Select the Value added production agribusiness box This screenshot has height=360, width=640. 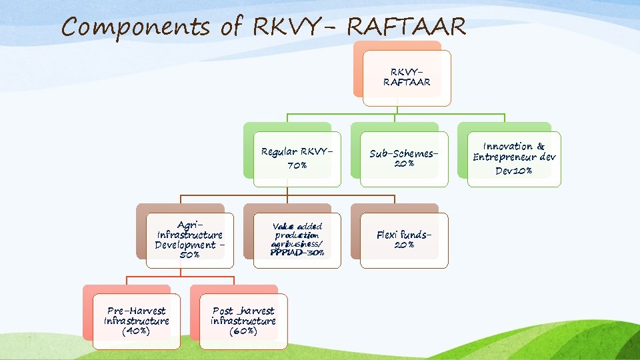coord(297,240)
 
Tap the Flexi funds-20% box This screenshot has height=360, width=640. coord(405,240)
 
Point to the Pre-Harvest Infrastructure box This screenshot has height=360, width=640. coord(136,321)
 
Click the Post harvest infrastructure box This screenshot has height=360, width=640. coord(243,321)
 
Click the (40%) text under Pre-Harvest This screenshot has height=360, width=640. coord(136,331)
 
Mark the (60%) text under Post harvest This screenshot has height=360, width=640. coord(243,331)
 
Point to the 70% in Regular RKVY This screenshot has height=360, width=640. coord(297,165)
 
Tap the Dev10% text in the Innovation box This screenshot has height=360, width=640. coord(513,171)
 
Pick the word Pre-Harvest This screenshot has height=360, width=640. coord(136,311)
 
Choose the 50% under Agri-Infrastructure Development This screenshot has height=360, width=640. coord(189,255)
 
